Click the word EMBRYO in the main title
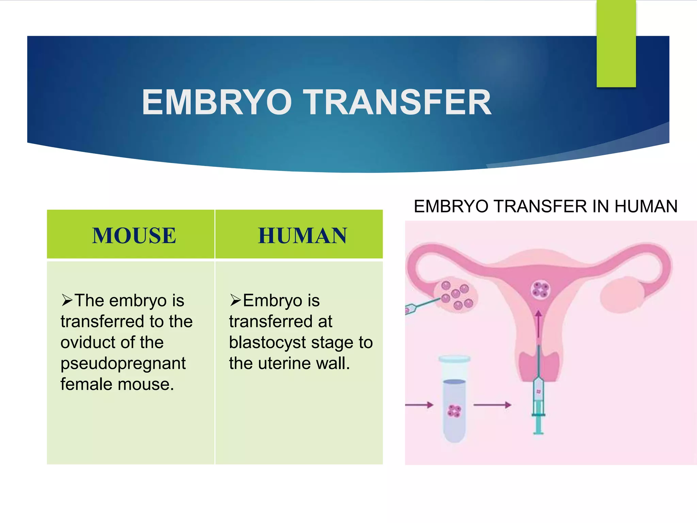217,102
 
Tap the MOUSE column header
134,236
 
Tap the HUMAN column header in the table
302,236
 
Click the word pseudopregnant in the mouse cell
123,364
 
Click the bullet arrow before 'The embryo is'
67,300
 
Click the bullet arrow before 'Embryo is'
235,300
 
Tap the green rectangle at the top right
616,44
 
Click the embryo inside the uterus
540,289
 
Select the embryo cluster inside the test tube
454,411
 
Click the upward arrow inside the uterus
538,323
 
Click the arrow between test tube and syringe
492,405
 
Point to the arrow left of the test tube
419,405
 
